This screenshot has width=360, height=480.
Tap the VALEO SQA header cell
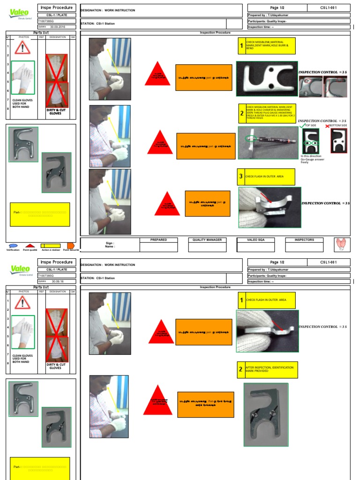256,240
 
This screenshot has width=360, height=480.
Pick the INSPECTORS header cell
304,240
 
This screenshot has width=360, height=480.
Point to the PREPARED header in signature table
158,240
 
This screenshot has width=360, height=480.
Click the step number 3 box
241,177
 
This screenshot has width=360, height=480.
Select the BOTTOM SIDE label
338,126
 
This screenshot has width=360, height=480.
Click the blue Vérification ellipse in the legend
13,246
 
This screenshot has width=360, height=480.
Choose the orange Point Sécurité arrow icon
71,246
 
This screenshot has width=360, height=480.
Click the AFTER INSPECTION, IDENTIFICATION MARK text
270,369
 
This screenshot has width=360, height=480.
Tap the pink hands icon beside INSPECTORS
339,244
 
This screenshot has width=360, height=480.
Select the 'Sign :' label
110,243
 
